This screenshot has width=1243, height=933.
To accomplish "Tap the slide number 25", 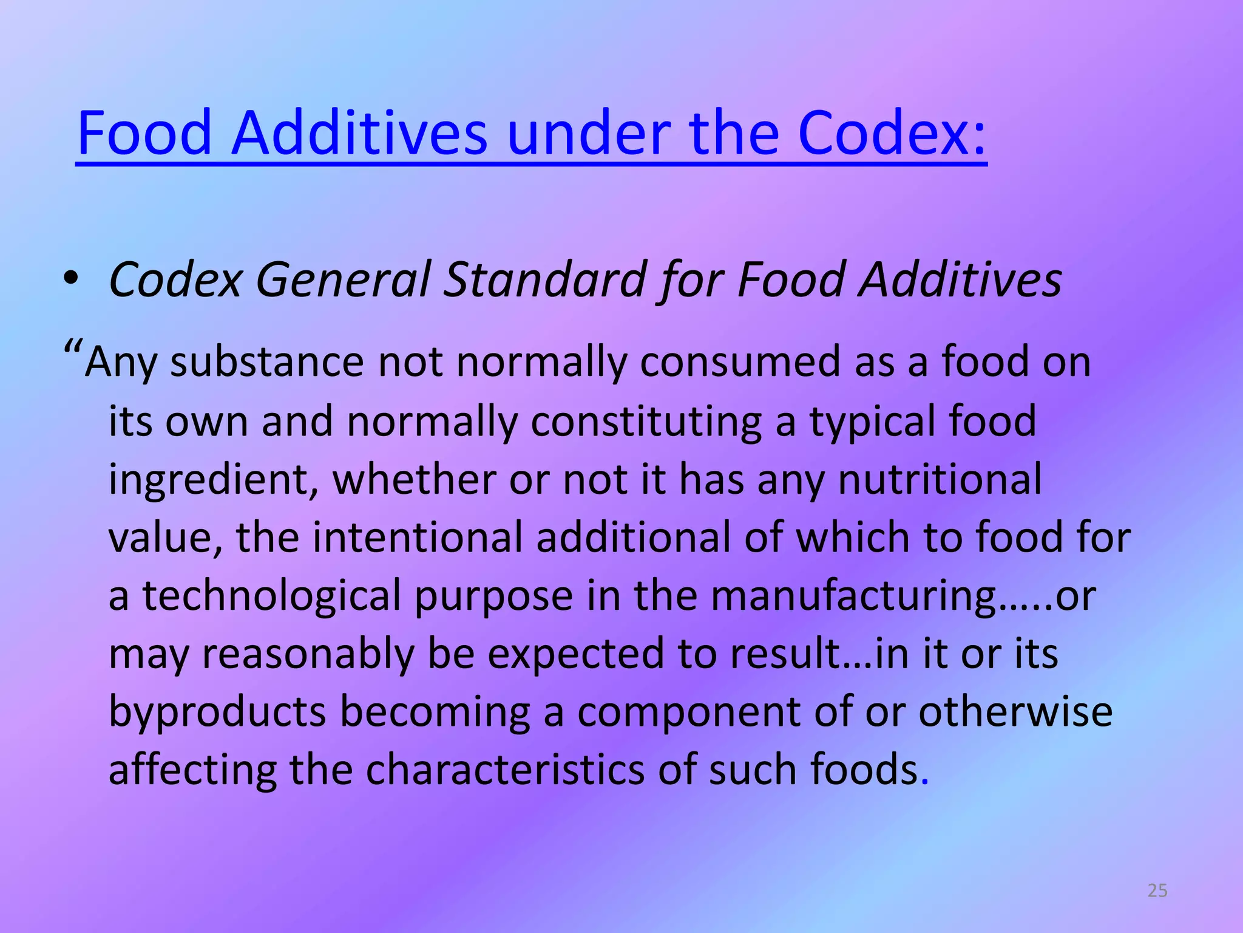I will (x=1157, y=890).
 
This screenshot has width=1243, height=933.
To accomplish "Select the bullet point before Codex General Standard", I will (x=71, y=279).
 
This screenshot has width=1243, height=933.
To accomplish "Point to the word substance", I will (x=266, y=362).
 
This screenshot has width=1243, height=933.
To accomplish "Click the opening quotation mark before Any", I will (x=73, y=350).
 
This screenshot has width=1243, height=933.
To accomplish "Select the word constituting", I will (x=646, y=422).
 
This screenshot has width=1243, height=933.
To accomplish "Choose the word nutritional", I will (x=940, y=479).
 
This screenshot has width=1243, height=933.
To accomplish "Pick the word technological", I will (x=271, y=596).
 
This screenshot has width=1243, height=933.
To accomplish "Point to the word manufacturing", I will (x=853, y=596).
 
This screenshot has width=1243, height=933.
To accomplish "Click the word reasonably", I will (x=308, y=654).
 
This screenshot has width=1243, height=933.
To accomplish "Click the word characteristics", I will (x=505, y=770).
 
